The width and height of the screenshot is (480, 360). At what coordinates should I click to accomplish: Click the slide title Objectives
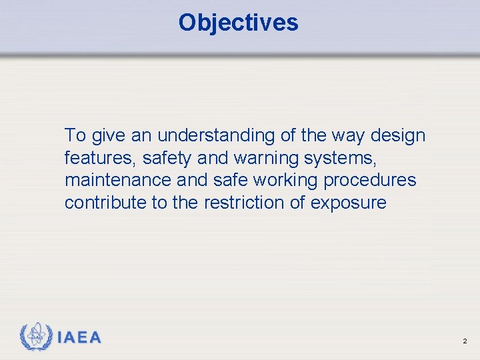(238, 23)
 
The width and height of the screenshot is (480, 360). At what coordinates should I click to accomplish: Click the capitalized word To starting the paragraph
(75, 135)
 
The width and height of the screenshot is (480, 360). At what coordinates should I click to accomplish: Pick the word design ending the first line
(398, 136)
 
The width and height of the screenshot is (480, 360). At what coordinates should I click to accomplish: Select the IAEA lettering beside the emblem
(79, 338)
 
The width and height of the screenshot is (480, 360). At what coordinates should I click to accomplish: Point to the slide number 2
(465, 341)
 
